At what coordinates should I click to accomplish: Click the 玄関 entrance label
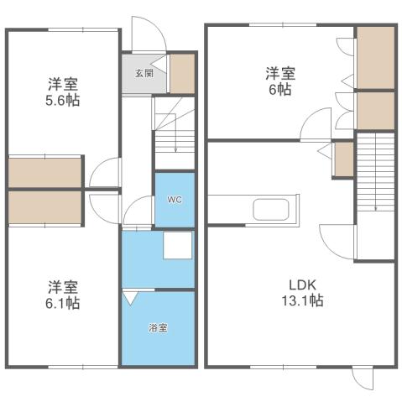(144, 72)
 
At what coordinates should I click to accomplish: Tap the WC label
(174, 200)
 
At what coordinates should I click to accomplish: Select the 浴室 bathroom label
(158, 327)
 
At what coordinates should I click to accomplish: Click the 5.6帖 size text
(63, 101)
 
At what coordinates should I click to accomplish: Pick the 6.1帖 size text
(63, 301)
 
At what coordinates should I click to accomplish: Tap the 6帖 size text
(279, 89)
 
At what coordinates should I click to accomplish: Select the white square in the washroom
(177, 247)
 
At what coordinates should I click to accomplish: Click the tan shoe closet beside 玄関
(183, 73)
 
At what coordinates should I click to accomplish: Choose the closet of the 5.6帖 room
(45, 171)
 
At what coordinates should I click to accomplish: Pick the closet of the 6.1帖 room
(45, 208)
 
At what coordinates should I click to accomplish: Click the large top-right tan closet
(374, 57)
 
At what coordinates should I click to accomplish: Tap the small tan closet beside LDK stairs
(343, 159)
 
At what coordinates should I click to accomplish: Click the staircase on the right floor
(374, 176)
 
